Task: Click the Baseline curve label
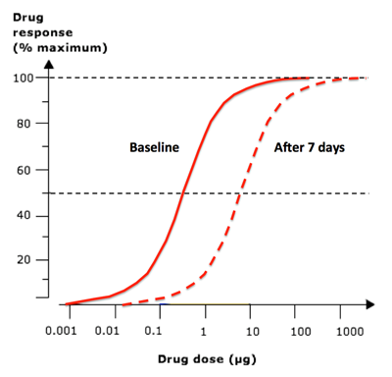[154, 148]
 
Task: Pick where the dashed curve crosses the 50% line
[239, 193]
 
